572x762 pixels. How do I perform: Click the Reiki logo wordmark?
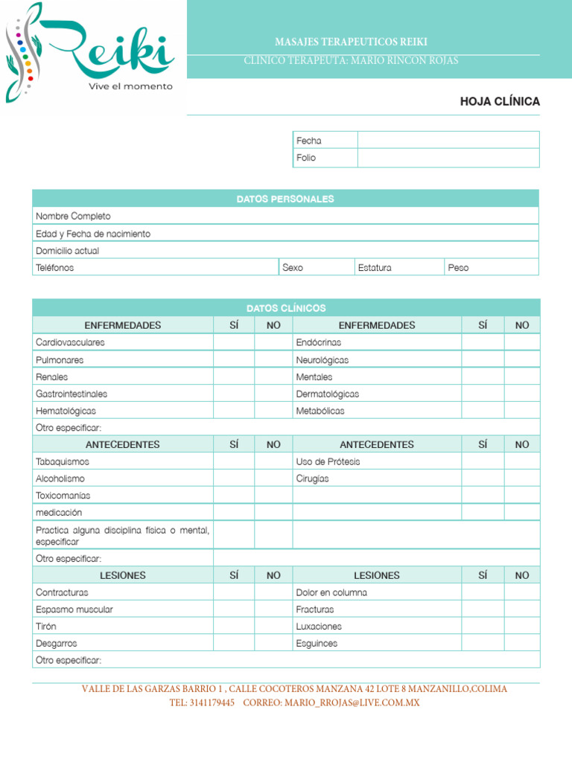click(x=112, y=48)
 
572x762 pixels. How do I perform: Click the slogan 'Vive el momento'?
click(x=130, y=86)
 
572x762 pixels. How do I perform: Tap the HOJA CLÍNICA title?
click(x=500, y=101)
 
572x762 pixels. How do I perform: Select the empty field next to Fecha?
click(x=448, y=140)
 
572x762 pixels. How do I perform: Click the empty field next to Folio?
click(x=448, y=158)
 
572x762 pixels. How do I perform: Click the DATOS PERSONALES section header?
click(x=285, y=199)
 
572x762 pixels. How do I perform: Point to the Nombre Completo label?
click(x=73, y=216)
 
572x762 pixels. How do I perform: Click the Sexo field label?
click(x=293, y=268)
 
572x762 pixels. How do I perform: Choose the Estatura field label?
click(x=374, y=268)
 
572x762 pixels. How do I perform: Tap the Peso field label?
click(x=458, y=268)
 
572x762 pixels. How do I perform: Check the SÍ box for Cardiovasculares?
click(x=234, y=342)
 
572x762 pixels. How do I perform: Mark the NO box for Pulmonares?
click(x=273, y=359)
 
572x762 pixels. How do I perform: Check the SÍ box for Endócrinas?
click(x=483, y=342)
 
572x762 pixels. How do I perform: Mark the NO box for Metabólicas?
click(x=522, y=411)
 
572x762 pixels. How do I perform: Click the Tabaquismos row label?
click(x=63, y=461)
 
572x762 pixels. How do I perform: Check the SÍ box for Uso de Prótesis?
click(x=483, y=461)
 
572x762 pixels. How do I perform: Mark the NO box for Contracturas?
click(x=273, y=592)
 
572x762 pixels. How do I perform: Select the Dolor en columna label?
click(x=331, y=592)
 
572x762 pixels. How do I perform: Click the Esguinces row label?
click(x=317, y=644)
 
